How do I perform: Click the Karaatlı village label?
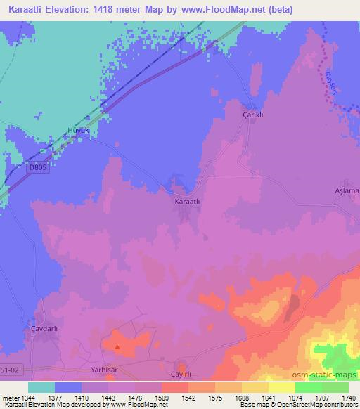point(188,201)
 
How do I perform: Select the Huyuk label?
point(79,130)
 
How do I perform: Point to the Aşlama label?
point(347,190)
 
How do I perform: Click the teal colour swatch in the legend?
point(41,387)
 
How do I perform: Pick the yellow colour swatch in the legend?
point(282,387)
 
